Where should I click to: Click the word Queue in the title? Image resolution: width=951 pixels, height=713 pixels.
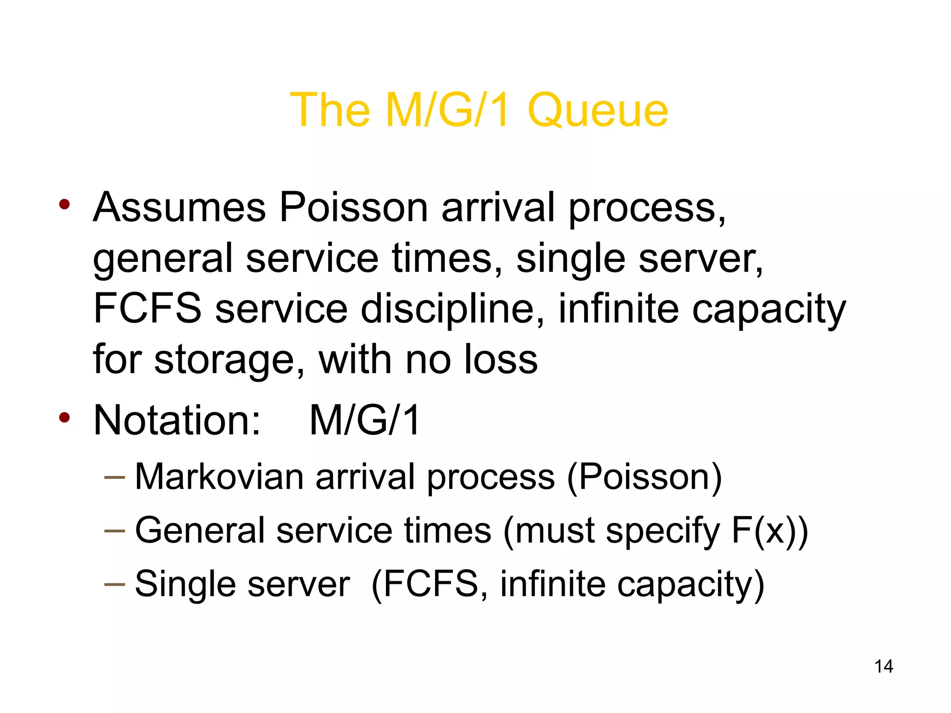click(598, 110)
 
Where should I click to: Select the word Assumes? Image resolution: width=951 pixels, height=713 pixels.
click(179, 207)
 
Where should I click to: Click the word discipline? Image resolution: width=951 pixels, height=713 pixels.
click(452, 310)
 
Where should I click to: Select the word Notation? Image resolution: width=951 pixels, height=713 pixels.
click(177, 420)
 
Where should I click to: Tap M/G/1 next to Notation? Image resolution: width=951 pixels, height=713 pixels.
click(365, 420)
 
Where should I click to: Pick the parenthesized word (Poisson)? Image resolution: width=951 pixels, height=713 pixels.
click(644, 477)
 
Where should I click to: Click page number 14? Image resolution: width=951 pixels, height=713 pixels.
click(883, 667)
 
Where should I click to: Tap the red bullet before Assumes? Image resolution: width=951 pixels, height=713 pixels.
click(65, 204)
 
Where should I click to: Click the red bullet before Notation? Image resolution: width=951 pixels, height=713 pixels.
click(65, 417)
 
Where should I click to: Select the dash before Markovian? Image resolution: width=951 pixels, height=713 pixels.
click(115, 477)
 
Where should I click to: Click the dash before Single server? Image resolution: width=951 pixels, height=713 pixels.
click(115, 584)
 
